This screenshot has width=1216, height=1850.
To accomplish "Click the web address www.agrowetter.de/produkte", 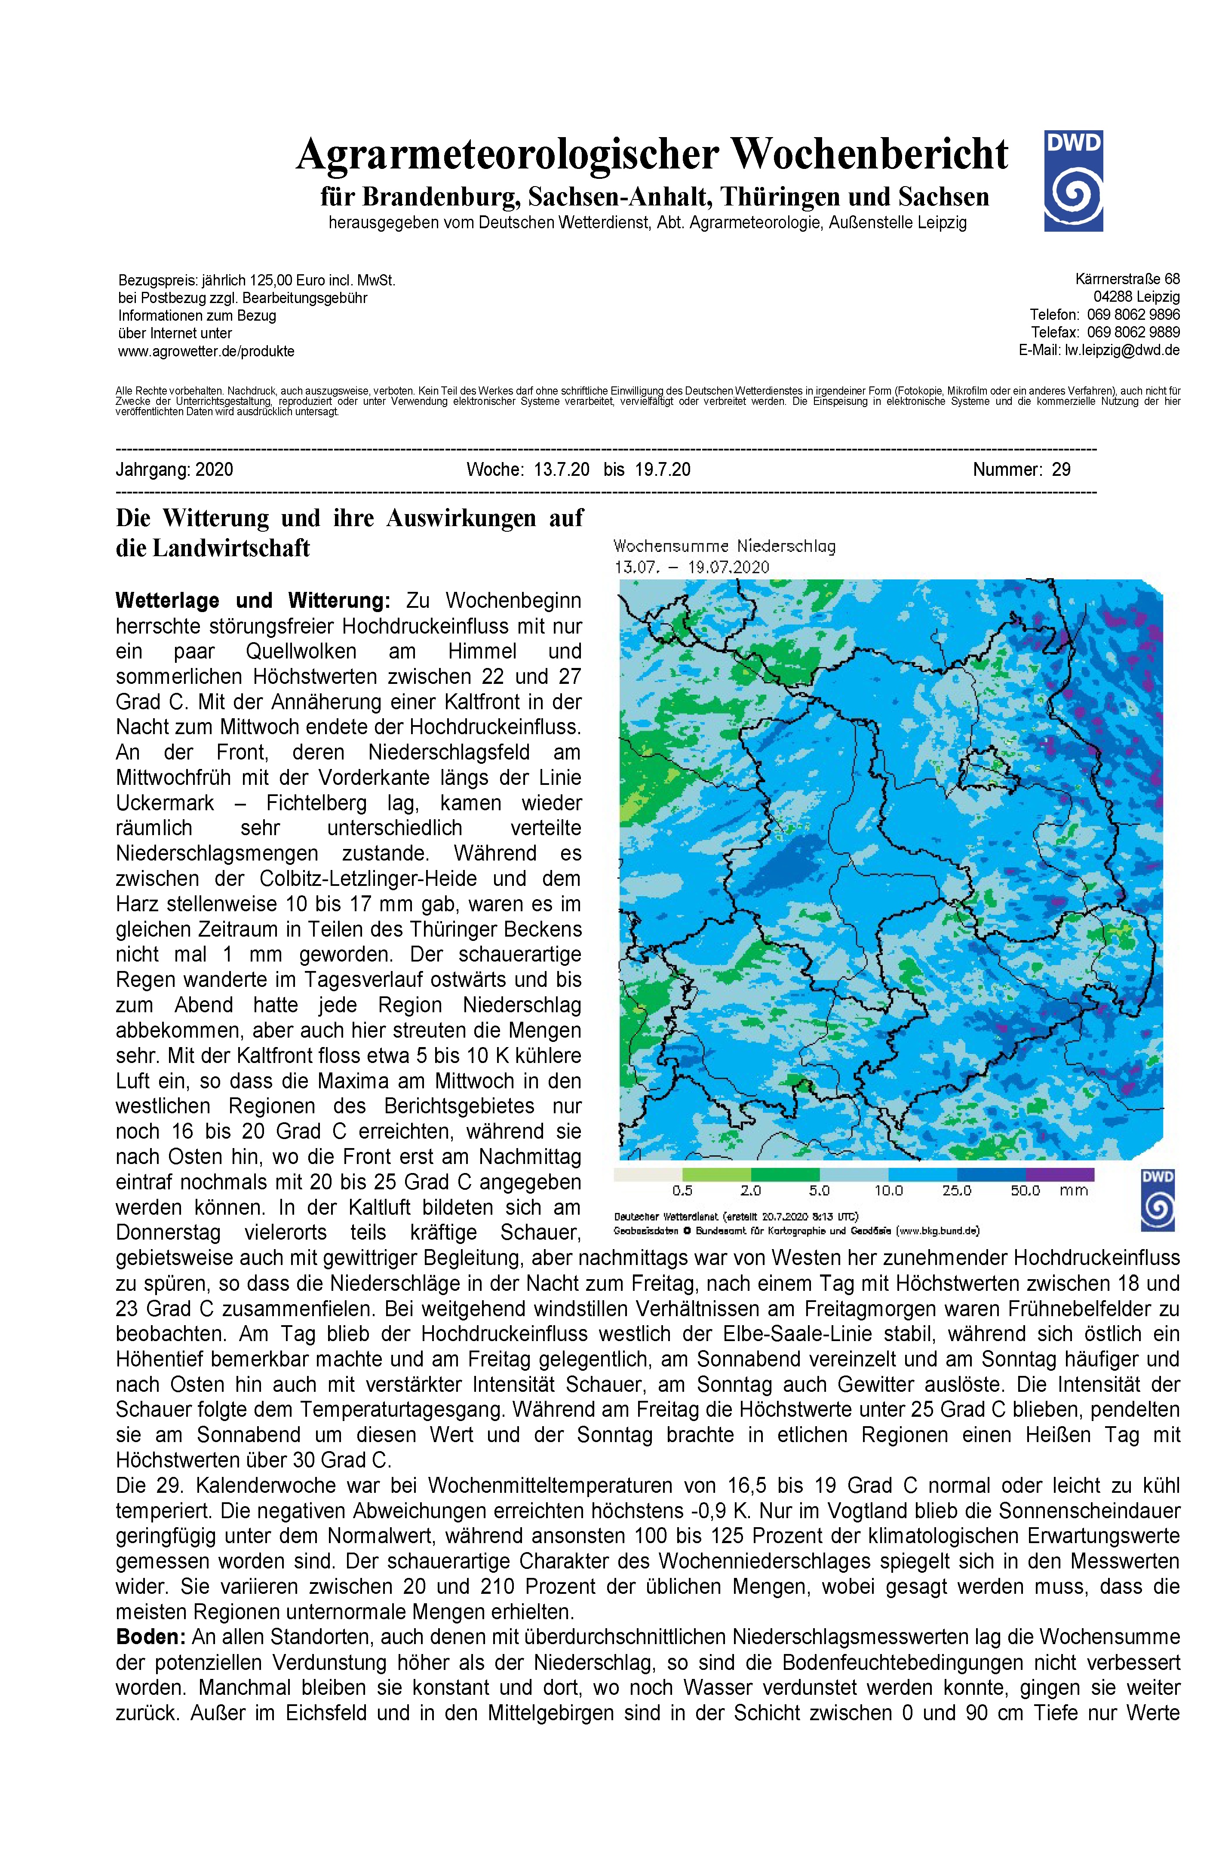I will pyautogui.click(x=206, y=351).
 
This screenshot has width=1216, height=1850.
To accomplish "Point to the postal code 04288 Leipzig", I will pyautogui.click(x=1136, y=297).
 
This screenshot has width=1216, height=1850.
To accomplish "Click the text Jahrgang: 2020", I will pyautogui.click(x=174, y=469).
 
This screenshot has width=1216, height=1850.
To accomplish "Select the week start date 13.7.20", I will pyautogui.click(x=562, y=469).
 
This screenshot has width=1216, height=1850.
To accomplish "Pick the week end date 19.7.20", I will pyautogui.click(x=663, y=469).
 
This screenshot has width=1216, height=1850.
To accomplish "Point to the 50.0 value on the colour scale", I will pyautogui.click(x=1025, y=1191).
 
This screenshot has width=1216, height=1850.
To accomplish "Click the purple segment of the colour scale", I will pyautogui.click(x=1060, y=1174).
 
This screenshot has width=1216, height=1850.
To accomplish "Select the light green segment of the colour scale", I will pyautogui.click(x=716, y=1174).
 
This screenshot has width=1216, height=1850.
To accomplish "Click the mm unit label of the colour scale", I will pyautogui.click(x=1073, y=1191).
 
